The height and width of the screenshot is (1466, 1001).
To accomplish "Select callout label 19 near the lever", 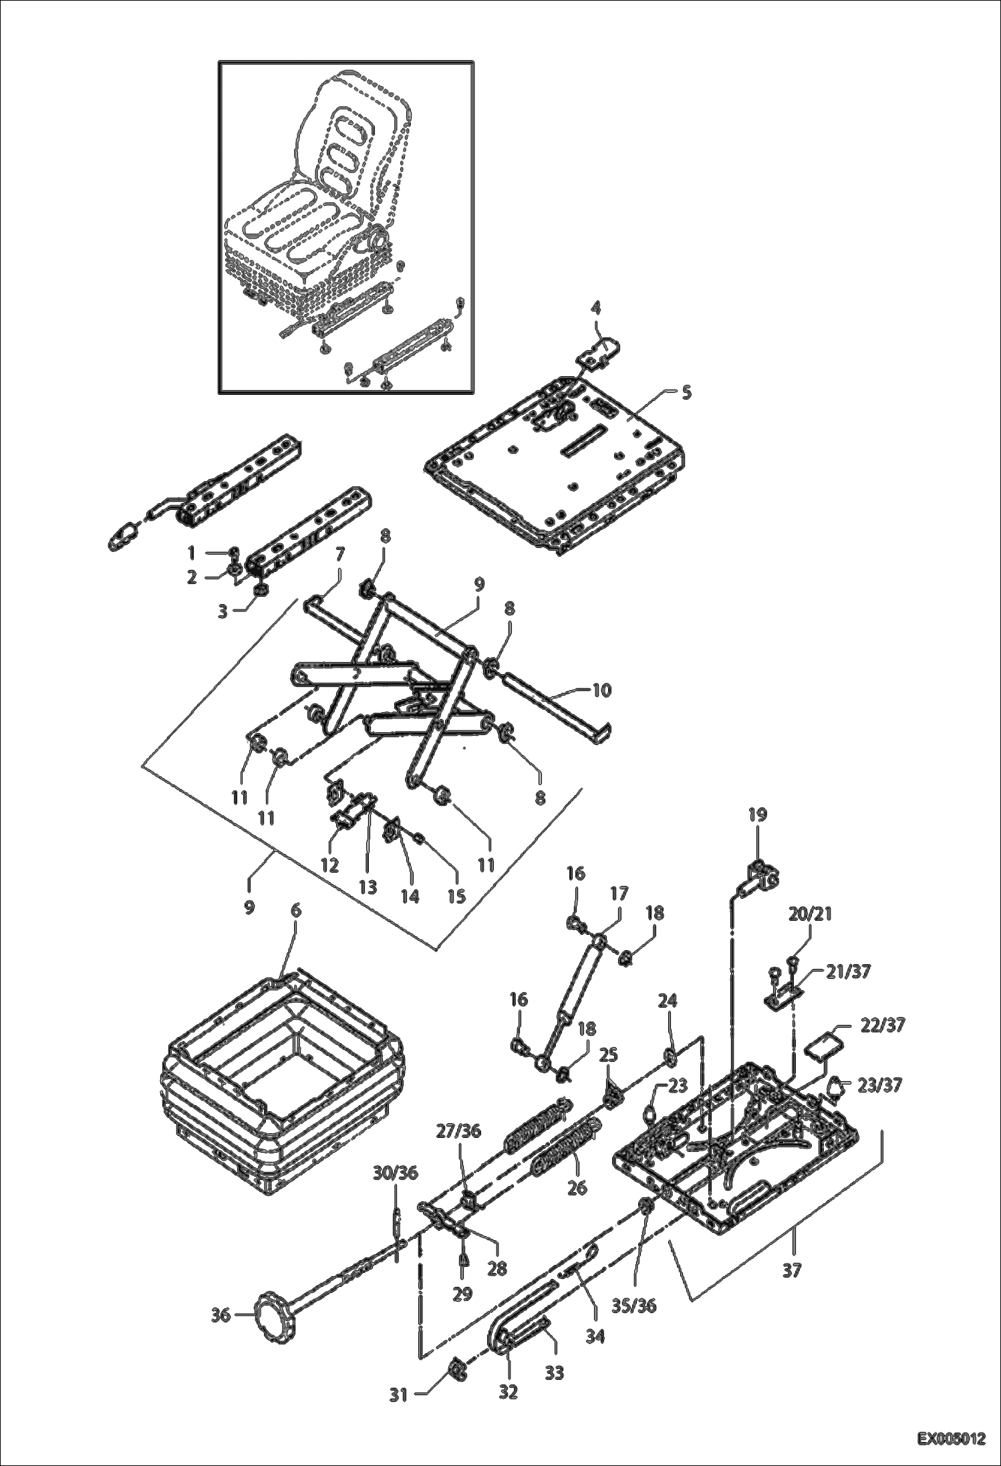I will point(758,815).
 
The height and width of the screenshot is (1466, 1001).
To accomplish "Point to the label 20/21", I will point(810,913).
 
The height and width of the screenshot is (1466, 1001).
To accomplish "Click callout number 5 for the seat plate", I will point(686,393).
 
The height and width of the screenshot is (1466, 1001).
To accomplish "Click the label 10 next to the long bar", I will point(601,690).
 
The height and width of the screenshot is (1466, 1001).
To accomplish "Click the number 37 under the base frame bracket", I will point(791,1270).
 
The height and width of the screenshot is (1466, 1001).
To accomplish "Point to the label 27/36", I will point(458,1131).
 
